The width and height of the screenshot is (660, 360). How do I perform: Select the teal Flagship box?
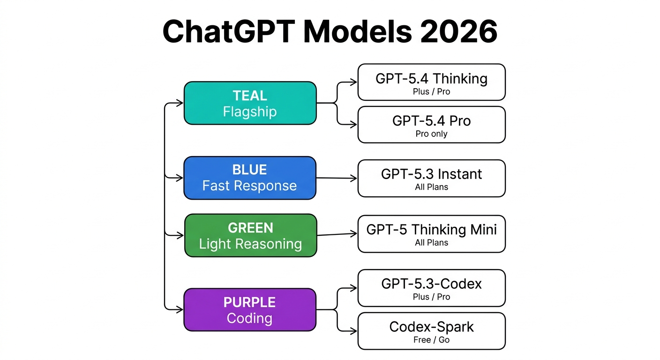(x=250, y=103)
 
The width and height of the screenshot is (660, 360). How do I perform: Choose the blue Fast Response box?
(x=250, y=178)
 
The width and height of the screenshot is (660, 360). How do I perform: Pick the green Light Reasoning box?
(x=250, y=235)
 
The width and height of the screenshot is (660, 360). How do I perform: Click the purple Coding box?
(x=249, y=310)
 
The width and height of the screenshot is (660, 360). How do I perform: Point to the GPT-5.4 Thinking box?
(x=431, y=82)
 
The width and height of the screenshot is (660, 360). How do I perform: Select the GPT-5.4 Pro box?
(x=431, y=125)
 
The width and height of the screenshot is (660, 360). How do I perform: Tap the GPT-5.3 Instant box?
(x=431, y=178)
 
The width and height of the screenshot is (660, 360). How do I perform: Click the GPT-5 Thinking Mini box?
(x=431, y=233)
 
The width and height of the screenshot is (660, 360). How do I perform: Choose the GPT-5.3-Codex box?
(x=431, y=288)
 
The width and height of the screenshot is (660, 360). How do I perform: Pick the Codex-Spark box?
(x=431, y=331)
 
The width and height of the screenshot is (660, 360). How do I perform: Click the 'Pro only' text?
(x=431, y=134)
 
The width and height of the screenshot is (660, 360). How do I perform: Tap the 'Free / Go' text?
(x=431, y=340)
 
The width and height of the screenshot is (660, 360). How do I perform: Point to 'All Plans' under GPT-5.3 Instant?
(x=431, y=187)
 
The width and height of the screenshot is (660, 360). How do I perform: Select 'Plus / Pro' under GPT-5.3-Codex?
(x=431, y=297)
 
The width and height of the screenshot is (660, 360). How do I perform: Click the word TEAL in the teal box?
(x=250, y=96)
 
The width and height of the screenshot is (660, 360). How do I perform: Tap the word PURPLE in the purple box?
(x=249, y=302)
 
